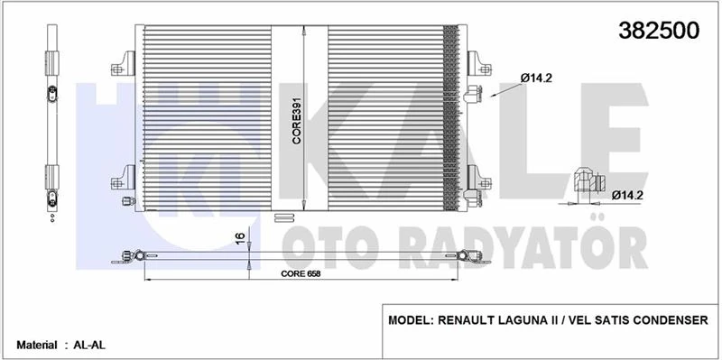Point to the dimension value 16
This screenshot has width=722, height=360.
tap(238, 240)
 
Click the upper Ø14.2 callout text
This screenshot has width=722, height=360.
tap(536, 78)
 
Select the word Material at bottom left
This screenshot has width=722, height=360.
tap(35, 345)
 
